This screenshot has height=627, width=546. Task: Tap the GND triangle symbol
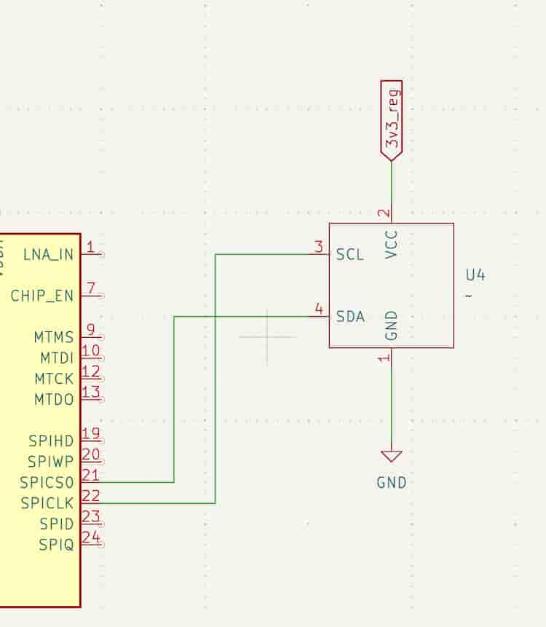(392, 457)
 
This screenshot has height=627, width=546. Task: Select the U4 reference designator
(475, 275)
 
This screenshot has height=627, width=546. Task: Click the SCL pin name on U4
(349, 255)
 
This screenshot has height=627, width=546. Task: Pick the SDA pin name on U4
(350, 317)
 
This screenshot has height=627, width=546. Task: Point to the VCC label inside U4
(392, 245)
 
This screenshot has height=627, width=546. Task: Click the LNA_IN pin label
(49, 255)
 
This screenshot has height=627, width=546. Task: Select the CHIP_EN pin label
(42, 296)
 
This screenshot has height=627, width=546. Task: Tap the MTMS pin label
(54, 337)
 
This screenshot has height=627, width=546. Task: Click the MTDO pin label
(54, 399)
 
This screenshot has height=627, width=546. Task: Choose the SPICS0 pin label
(47, 482)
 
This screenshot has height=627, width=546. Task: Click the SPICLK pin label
(47, 503)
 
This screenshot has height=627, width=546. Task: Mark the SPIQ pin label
(56, 545)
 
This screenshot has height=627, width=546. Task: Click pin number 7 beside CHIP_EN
(91, 288)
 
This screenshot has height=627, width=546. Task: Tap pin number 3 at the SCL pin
(318, 247)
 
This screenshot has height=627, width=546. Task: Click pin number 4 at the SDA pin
(318, 309)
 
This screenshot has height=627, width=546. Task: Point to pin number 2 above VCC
(384, 215)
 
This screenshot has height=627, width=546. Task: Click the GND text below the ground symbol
(392, 482)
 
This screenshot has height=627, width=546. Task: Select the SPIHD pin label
(51, 441)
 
